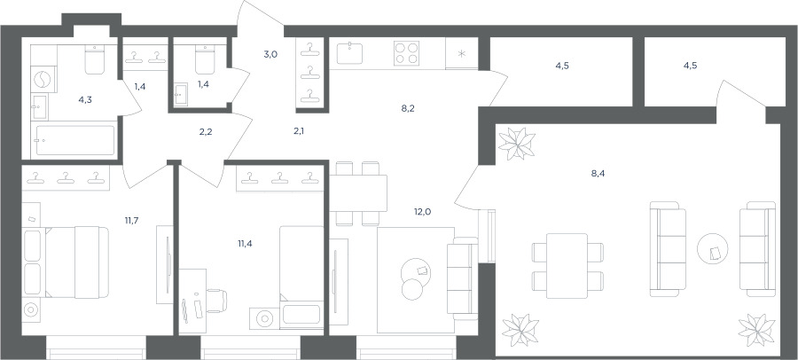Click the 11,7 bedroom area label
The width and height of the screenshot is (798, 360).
pos(132,221)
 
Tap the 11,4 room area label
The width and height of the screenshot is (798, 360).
pos(245,243)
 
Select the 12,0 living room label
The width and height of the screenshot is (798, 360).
pos(422,212)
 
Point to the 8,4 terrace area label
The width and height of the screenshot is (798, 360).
pos(598,173)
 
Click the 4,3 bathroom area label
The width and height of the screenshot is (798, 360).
pos(85,100)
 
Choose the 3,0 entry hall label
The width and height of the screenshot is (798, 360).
pos(270,55)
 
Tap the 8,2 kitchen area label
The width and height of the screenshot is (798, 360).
pos(408,108)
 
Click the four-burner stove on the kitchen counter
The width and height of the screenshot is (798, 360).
pos(406,53)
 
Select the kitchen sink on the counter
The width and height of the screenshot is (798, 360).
pos(349,53)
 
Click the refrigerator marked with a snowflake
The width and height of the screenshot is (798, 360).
pos(462,53)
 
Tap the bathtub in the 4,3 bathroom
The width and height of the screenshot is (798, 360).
pos(74,140)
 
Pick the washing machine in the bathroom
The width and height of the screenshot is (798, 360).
pos(43,80)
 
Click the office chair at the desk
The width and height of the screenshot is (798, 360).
pos(215,301)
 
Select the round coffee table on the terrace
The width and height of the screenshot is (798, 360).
pos(713,248)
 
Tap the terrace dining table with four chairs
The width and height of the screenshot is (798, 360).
pos(567,266)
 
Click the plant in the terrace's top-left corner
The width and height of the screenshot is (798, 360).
pos(517,144)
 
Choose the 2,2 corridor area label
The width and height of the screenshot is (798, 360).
pos(205,131)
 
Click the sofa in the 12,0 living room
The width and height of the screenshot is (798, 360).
pos(462,278)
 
